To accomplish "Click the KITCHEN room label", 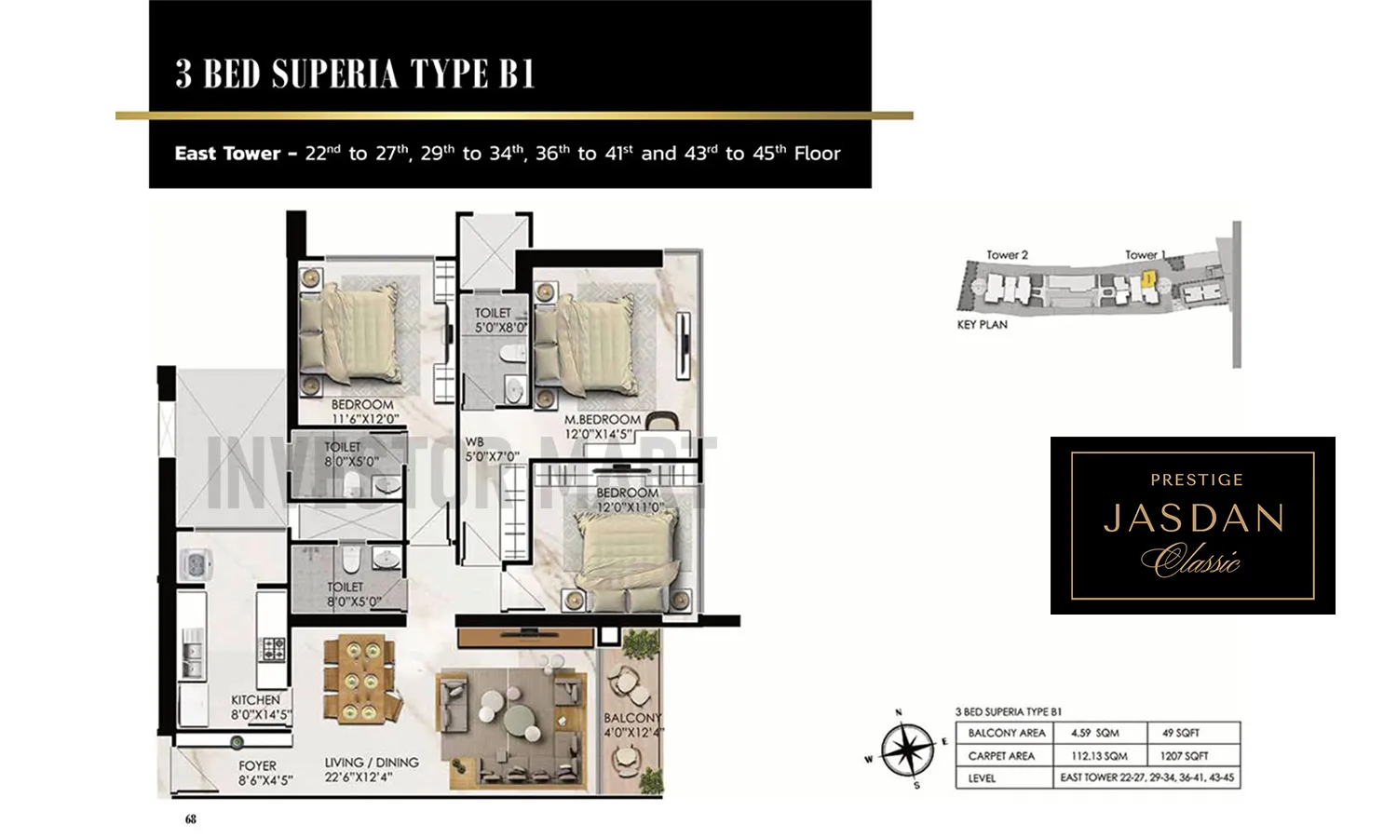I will coord(256,700).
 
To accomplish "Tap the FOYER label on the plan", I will coord(257,766).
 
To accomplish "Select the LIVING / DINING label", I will coord(372,763).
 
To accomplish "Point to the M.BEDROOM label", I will coord(603,420).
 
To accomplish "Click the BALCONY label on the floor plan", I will coord(632,718).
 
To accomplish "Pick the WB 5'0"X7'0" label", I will coord(475,443).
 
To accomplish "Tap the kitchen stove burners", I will coord(272,648).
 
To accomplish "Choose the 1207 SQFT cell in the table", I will coord(1184,756).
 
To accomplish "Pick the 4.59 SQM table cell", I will coord(1094,733).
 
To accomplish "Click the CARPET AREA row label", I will coord(1001,756).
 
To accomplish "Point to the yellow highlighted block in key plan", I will coord(1149,277).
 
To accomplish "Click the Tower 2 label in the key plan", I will coord(1007,255).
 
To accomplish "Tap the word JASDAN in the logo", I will coord(1194,519).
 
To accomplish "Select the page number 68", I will coord(191,819).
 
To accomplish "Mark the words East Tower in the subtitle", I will coord(227,154).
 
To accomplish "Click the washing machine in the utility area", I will coord(197,563).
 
